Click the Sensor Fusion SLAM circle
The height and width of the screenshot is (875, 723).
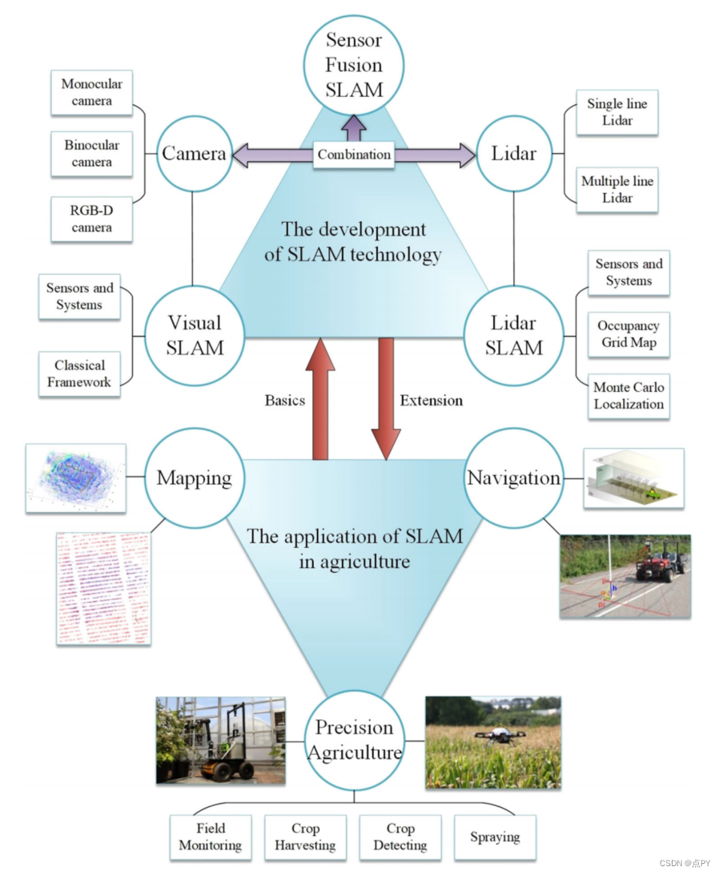(x=354, y=64)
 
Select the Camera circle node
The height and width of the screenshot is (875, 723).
(x=194, y=153)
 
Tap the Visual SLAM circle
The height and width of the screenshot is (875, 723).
(x=194, y=335)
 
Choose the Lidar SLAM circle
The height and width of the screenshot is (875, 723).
(x=513, y=335)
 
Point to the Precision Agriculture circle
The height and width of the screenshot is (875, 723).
(x=355, y=740)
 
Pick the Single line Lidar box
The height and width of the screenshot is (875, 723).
(x=617, y=112)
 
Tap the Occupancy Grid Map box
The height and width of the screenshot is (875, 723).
(x=629, y=335)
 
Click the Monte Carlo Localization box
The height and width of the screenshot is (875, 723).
(x=629, y=396)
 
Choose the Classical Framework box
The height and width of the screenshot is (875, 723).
(x=79, y=373)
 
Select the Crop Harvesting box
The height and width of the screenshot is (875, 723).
(x=305, y=837)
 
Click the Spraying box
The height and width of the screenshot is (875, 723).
(x=495, y=837)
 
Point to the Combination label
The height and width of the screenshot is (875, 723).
(x=354, y=154)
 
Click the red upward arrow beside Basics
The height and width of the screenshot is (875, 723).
(x=320, y=401)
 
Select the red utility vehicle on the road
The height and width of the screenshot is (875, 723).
(x=658, y=562)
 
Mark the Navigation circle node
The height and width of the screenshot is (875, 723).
(x=513, y=478)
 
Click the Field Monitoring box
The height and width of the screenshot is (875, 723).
(x=211, y=837)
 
